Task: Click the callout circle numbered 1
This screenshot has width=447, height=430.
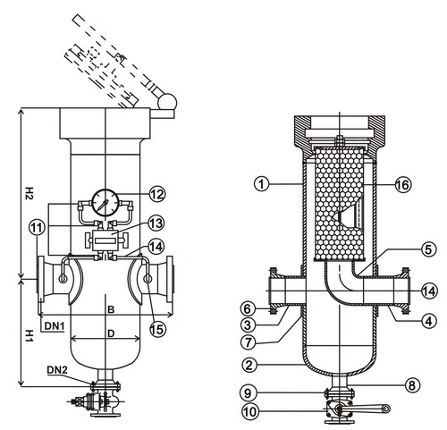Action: [262, 184]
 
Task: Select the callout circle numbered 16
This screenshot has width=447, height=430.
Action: [403, 185]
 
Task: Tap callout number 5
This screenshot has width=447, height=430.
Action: [428, 249]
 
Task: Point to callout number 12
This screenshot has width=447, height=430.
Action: [157, 194]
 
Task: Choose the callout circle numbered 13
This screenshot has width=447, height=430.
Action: [156, 223]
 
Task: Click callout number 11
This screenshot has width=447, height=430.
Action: [38, 228]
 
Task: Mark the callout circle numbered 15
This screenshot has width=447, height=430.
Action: [157, 329]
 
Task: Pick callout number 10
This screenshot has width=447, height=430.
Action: [250, 412]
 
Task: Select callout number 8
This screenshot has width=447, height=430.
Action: [412, 385]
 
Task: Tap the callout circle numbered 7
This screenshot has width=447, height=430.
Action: [249, 342]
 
